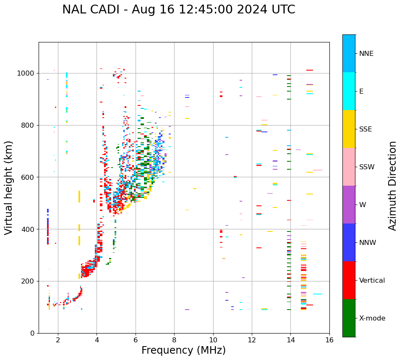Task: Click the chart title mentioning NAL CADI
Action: (x=178, y=10)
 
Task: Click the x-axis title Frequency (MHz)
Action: (x=183, y=350)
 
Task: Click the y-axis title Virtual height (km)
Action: (x=9, y=187)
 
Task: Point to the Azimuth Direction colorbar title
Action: (x=392, y=186)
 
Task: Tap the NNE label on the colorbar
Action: (x=366, y=54)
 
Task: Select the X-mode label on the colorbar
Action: (x=372, y=318)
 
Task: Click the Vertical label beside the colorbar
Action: (x=372, y=281)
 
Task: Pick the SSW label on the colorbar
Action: (x=367, y=167)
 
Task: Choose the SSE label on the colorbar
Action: (x=365, y=129)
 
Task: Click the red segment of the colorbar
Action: (x=349, y=280)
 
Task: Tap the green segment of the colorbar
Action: (x=349, y=318)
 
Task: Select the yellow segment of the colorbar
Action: (x=349, y=129)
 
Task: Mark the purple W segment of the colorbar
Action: (x=349, y=205)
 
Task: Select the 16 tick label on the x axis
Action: (x=329, y=340)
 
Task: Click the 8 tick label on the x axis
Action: (x=174, y=340)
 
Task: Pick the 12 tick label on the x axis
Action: (x=252, y=340)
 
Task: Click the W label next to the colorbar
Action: (x=363, y=205)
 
